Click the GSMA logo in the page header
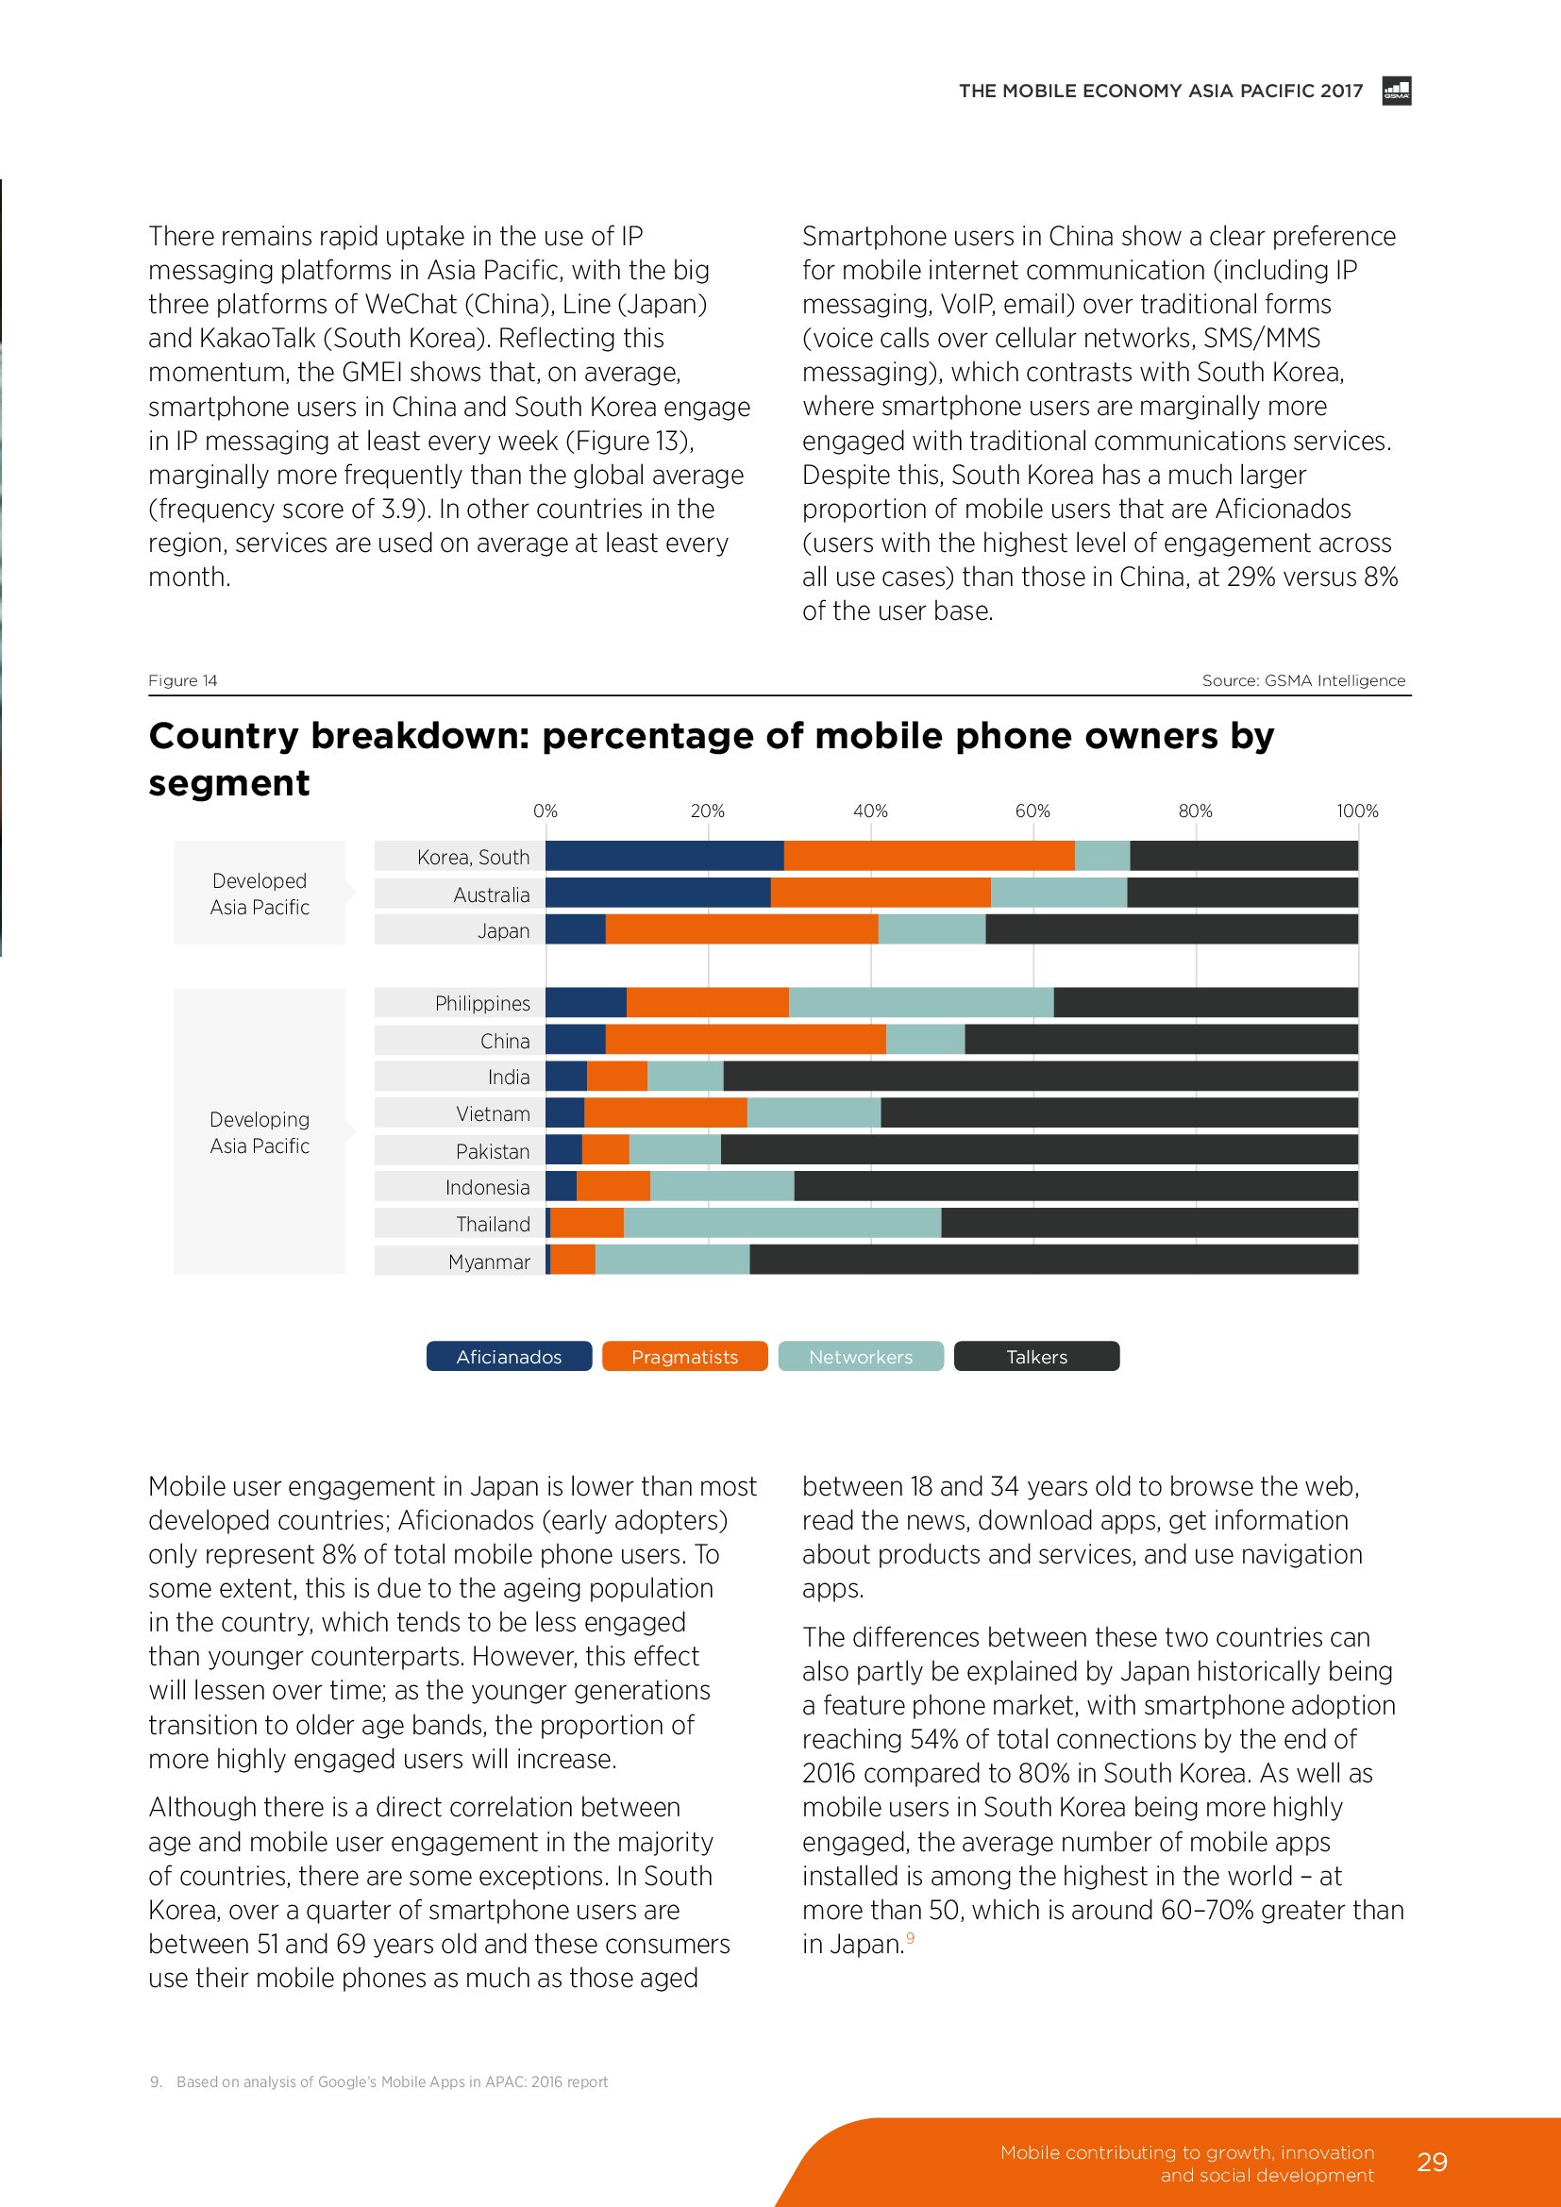1396,92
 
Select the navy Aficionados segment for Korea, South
664,856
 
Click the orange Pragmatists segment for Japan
741,929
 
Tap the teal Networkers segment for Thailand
781,1223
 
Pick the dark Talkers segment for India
1040,1077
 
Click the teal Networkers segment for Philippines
921,1003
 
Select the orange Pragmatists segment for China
745,1040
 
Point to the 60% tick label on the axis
1032,811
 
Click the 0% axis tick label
545,811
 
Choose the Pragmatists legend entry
684,1356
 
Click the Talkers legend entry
1036,1356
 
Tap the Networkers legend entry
861,1356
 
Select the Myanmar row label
488,1262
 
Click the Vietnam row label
492,1114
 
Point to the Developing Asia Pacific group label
260,1132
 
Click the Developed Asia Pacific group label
260,894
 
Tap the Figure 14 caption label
183,680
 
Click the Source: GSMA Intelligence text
1302,680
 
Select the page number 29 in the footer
1432,2162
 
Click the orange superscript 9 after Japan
910,1938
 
